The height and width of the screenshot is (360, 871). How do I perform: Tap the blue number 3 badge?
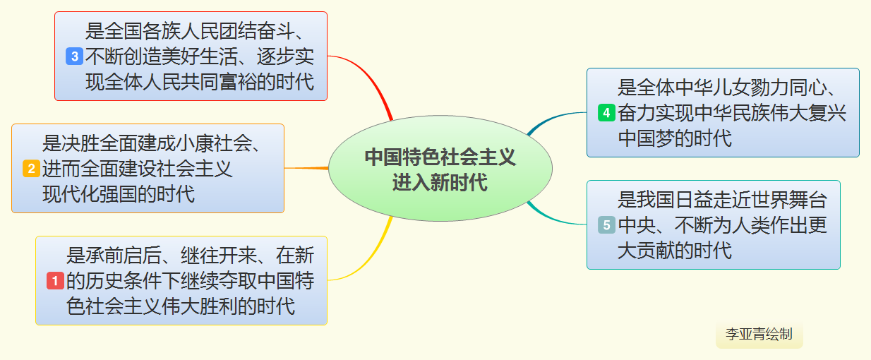click(74, 56)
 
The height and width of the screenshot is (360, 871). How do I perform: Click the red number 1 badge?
click(56, 281)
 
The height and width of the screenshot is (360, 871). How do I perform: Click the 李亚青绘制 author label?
click(759, 335)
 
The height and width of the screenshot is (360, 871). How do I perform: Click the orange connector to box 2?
click(307, 168)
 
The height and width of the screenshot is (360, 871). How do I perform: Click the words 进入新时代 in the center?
click(440, 182)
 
